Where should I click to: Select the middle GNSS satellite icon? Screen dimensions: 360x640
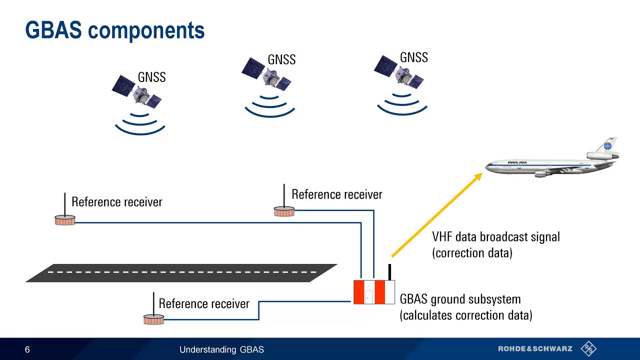tap(267, 73)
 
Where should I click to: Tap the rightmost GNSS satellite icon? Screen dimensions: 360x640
tap(399, 71)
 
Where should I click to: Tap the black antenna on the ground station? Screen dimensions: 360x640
tap(389, 272)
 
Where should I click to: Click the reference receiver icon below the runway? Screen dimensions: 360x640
tap(153, 318)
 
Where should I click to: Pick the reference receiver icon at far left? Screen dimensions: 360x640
tap(65, 219)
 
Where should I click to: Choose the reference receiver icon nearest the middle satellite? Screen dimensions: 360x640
tap(284, 211)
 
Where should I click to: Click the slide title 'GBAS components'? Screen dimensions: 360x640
tap(115, 30)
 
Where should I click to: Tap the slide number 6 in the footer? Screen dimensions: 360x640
tap(27, 349)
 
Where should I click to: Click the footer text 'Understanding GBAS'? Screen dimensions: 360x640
tap(221, 349)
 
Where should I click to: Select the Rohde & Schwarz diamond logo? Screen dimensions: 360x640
tap(588, 348)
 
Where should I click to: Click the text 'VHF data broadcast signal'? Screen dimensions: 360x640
tap(495, 236)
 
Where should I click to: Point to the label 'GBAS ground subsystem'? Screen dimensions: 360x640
tap(460, 299)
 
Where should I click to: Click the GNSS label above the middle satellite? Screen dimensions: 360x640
tap(281, 59)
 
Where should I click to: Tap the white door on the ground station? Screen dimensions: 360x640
tap(368, 296)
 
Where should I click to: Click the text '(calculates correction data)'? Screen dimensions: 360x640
tap(465, 315)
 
